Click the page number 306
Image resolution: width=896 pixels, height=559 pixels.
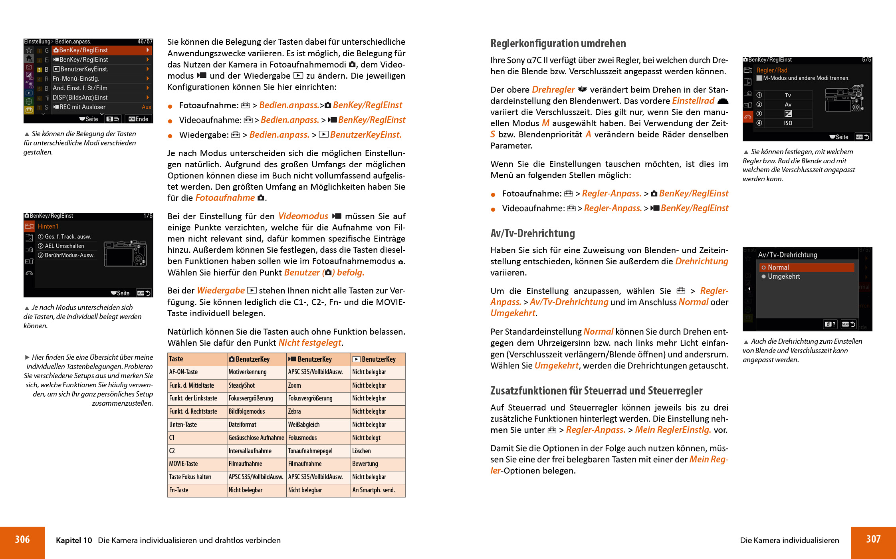[x=22, y=540]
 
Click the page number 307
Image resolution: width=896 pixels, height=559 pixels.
[x=873, y=539]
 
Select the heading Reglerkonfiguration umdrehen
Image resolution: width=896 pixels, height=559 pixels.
[x=558, y=44]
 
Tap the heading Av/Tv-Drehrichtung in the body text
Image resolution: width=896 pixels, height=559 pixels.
[x=532, y=234]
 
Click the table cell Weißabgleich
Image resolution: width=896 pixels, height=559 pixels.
[x=304, y=424]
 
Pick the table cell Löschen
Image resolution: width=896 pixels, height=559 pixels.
[x=361, y=451]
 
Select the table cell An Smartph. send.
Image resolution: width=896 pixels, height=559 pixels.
[x=373, y=490]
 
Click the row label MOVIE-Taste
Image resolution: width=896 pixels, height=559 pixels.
[x=183, y=464]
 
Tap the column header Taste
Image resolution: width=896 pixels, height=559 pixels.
[x=176, y=359]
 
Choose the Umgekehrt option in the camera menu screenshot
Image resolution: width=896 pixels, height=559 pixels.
[x=783, y=277]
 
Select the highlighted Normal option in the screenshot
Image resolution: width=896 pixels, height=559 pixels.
[x=778, y=268]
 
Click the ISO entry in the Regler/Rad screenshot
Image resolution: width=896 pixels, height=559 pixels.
[x=788, y=123]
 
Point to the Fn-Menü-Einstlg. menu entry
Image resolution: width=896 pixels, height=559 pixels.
[x=76, y=79]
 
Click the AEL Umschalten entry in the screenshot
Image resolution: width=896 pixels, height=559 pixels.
[x=64, y=246]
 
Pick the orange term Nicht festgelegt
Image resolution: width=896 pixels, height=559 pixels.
[x=309, y=343]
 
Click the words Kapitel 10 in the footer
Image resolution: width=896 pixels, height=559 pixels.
[x=74, y=540]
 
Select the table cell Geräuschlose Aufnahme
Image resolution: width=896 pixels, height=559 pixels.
[x=256, y=438]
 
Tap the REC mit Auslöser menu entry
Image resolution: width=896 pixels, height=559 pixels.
[x=82, y=107]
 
